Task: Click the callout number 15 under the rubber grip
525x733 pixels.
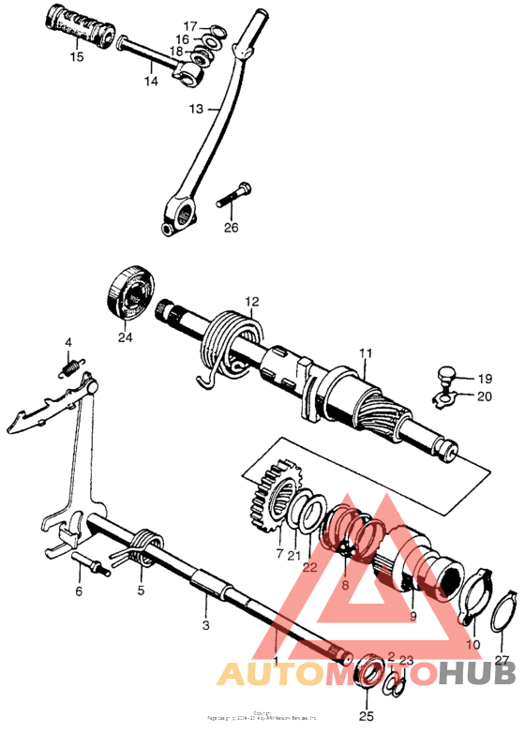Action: click(x=76, y=57)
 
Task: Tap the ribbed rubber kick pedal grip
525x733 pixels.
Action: click(x=77, y=28)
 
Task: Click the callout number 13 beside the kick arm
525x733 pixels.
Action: click(x=194, y=109)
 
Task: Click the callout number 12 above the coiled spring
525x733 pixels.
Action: click(x=251, y=302)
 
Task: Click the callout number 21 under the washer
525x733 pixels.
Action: click(x=295, y=556)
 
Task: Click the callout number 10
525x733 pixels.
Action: click(x=472, y=645)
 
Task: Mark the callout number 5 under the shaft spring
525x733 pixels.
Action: click(x=141, y=591)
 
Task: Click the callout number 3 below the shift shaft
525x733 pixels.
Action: click(x=205, y=623)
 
